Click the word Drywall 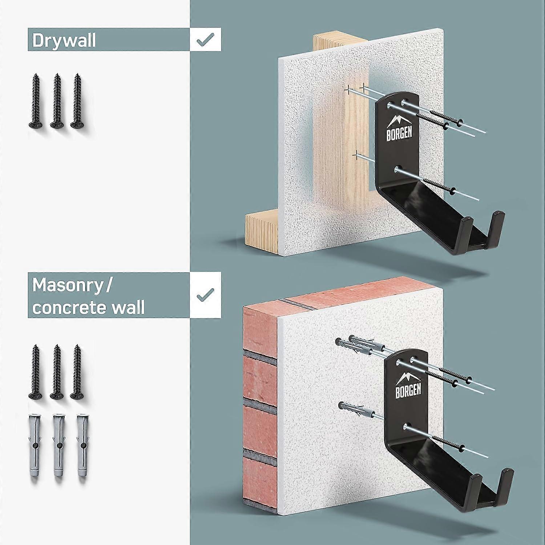64,40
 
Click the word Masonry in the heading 68,286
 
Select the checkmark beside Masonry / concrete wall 205,295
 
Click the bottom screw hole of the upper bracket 397,169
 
